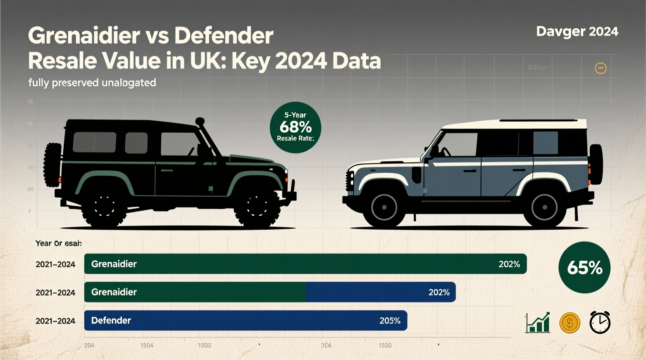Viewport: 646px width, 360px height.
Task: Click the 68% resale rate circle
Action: [295, 127]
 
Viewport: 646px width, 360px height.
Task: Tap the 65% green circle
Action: [584, 267]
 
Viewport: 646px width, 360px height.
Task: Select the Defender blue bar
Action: [245, 320]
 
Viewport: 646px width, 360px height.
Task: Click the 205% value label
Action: [390, 321]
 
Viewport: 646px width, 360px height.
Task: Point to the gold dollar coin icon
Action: [570, 323]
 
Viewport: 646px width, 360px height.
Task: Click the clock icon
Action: [600, 322]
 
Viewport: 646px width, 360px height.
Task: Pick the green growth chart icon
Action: [538, 323]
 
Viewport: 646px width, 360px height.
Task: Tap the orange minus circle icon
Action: [601, 68]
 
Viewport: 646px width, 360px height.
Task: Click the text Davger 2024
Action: [577, 31]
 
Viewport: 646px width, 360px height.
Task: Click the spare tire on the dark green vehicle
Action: [52, 165]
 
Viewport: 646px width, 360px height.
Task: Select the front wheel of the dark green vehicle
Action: [257, 206]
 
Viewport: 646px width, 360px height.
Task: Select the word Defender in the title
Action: [224, 36]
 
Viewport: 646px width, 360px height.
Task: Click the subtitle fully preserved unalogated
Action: [92, 83]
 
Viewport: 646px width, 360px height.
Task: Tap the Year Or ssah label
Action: [58, 243]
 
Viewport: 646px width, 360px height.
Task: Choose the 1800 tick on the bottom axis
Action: [205, 345]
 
